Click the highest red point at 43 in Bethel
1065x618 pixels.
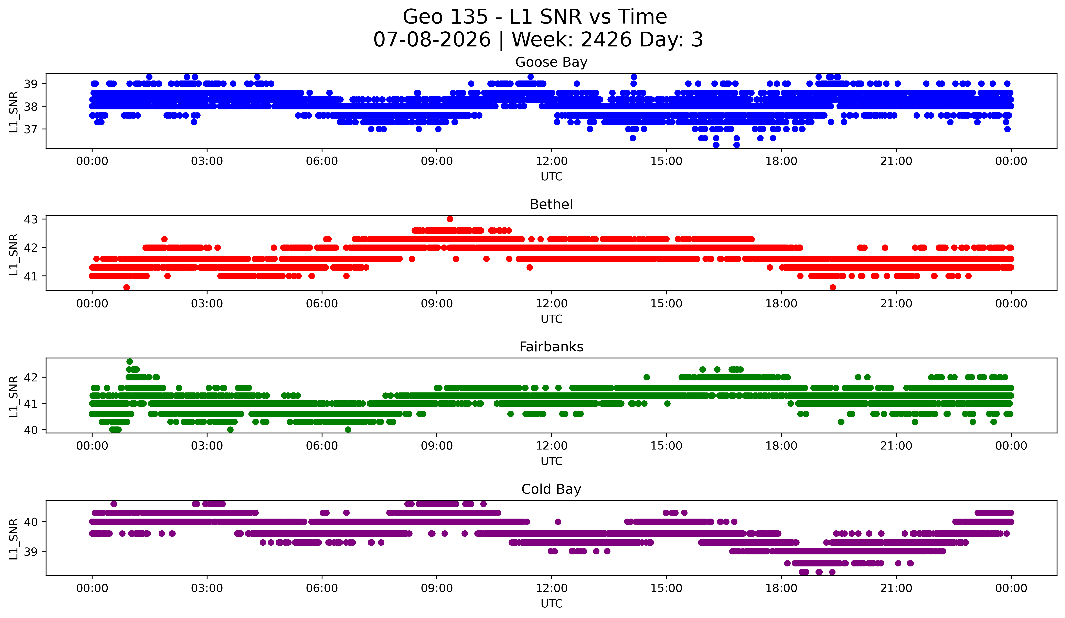click(x=450, y=219)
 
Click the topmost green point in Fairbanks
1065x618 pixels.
click(x=130, y=362)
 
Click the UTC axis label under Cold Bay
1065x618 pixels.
click(x=552, y=604)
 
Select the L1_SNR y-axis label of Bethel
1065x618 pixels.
click(x=13, y=254)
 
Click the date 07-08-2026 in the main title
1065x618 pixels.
click(x=432, y=40)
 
